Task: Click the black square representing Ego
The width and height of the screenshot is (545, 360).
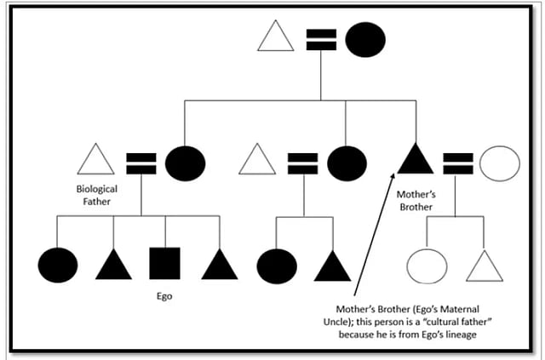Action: click(164, 265)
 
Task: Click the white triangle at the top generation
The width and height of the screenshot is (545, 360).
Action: click(275, 37)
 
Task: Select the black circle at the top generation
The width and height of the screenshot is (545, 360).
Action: click(365, 39)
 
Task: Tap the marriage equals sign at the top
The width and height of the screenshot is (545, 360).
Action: click(320, 39)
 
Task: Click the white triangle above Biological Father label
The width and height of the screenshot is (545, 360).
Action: click(95, 162)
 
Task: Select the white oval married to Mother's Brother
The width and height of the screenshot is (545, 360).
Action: click(499, 163)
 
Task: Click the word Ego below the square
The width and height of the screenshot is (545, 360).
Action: click(163, 300)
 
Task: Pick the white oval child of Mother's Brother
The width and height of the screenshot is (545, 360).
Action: click(427, 266)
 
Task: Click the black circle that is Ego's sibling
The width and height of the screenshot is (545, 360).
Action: click(58, 265)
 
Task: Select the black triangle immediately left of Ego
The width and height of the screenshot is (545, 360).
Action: click(113, 266)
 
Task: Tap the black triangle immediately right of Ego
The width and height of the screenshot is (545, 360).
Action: click(220, 266)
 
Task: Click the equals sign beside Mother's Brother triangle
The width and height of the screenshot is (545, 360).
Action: click(458, 163)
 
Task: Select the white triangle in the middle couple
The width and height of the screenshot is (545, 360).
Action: click(257, 161)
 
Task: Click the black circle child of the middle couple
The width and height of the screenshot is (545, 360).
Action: click(277, 266)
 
